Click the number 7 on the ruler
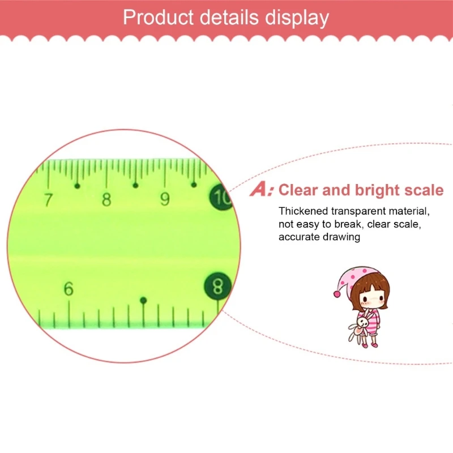(48, 199)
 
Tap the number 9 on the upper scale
(165, 199)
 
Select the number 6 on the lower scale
(69, 289)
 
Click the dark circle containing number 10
(221, 198)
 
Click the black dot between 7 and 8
(78, 186)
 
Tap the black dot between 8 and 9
(135, 185)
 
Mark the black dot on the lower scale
(143, 300)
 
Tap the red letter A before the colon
(260, 190)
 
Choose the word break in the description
(348, 224)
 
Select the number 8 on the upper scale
(106, 199)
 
